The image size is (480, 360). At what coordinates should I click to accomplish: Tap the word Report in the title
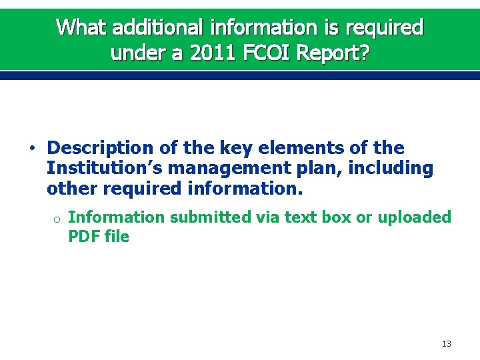(330, 53)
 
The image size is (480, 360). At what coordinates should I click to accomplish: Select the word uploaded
(413, 217)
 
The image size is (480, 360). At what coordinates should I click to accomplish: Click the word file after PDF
(117, 236)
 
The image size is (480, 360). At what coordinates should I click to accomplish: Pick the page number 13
(446, 344)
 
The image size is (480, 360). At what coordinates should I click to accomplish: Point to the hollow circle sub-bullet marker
(57, 219)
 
